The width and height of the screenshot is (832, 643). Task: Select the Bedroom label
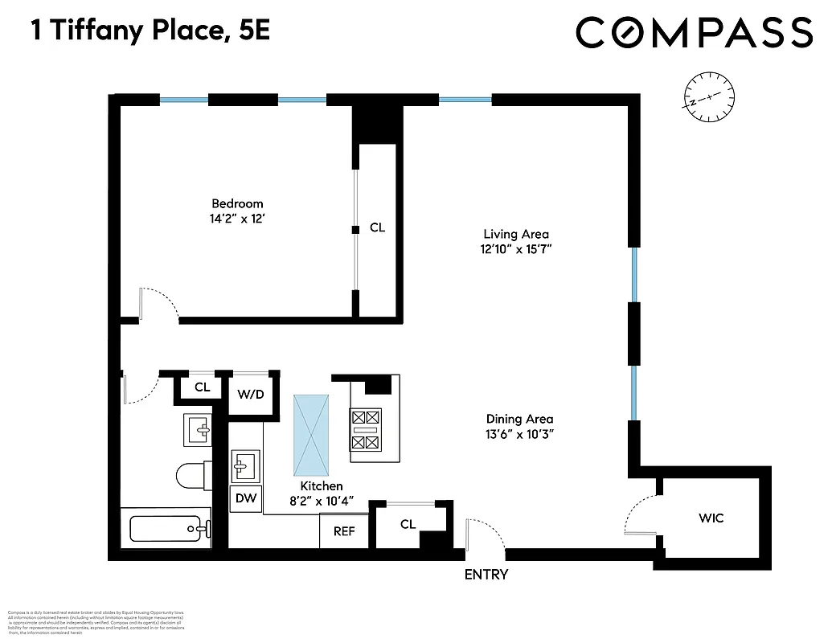pyautogui.click(x=237, y=203)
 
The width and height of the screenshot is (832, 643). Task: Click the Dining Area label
pyautogui.click(x=519, y=419)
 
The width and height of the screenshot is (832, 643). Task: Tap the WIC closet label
pyautogui.click(x=711, y=518)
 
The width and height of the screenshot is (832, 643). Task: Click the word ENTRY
pyautogui.click(x=486, y=575)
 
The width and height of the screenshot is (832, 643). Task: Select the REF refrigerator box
pyautogui.click(x=344, y=531)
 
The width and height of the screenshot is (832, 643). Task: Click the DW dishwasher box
pyautogui.click(x=246, y=498)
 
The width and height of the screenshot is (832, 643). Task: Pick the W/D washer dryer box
pyautogui.click(x=250, y=395)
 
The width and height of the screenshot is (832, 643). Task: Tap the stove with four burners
pyautogui.click(x=366, y=431)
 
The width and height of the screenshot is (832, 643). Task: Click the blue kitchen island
pyautogui.click(x=311, y=434)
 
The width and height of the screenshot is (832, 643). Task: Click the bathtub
pyautogui.click(x=170, y=529)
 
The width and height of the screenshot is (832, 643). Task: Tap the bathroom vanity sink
pyautogui.click(x=197, y=430)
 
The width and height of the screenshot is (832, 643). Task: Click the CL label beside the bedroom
pyautogui.click(x=377, y=227)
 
